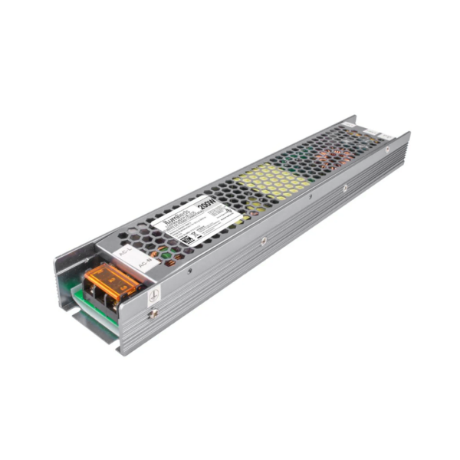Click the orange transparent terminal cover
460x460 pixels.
[111, 281]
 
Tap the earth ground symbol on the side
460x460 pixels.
[153, 295]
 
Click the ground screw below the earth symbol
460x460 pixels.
[154, 313]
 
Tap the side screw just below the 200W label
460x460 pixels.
[263, 240]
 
